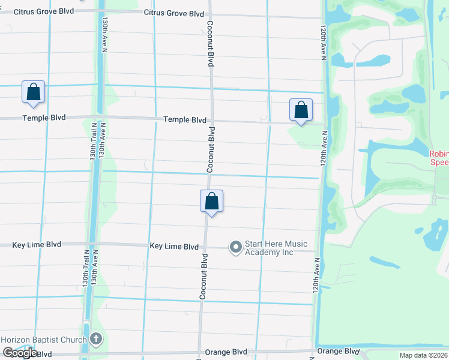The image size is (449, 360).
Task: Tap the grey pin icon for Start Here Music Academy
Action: click(x=235, y=247)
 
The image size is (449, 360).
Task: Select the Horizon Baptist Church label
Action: click(x=44, y=340)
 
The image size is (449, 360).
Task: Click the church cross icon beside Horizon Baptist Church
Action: click(x=96, y=340)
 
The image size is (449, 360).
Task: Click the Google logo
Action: click(x=19, y=353)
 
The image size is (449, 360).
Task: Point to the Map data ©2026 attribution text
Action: click(x=424, y=355)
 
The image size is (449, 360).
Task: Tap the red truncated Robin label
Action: click(x=439, y=157)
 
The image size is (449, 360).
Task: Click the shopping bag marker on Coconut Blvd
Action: click(x=211, y=201)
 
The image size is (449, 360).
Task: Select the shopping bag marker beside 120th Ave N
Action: click(x=301, y=110)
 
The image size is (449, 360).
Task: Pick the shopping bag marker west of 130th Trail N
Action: click(x=34, y=92)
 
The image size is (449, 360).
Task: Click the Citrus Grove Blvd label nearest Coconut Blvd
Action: click(x=174, y=13)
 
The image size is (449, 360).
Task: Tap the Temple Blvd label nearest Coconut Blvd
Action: click(x=185, y=120)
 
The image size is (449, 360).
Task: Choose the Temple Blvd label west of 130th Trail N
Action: click(x=44, y=118)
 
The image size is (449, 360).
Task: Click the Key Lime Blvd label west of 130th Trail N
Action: click(x=37, y=245)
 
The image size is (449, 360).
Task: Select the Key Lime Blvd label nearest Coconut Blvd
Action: click(x=174, y=247)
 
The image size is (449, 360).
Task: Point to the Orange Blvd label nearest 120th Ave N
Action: click(x=337, y=352)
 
